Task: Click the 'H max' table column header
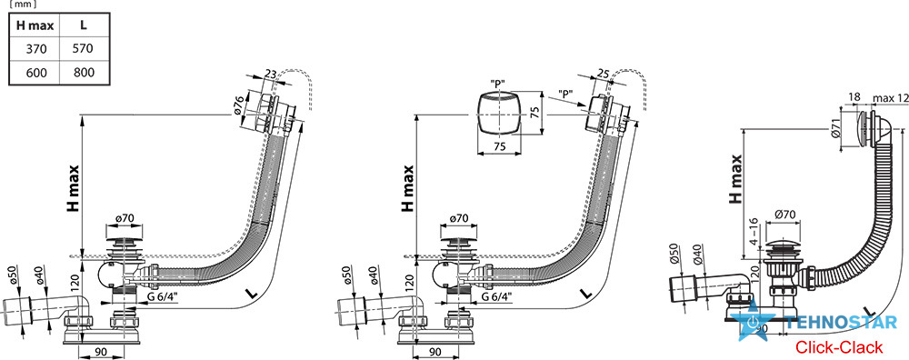[35, 25]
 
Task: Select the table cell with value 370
[35, 49]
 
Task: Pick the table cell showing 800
[84, 72]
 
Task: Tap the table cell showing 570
[84, 49]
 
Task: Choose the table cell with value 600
[35, 72]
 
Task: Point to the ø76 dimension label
[238, 106]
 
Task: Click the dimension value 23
[270, 75]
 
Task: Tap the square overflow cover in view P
[497, 115]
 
